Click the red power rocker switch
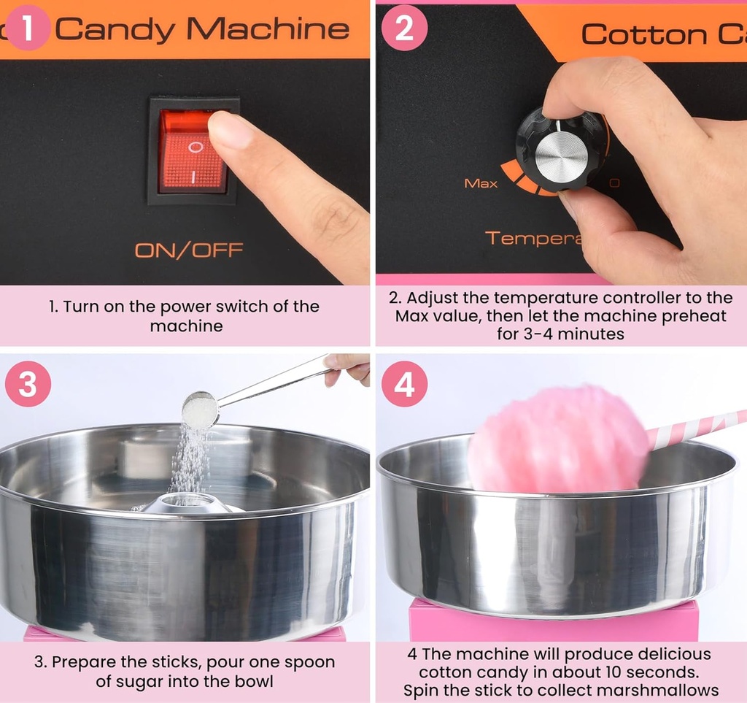click(x=193, y=151)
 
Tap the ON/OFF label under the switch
click(x=188, y=250)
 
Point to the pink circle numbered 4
click(x=403, y=384)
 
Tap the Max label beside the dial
click(x=481, y=183)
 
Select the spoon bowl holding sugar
click(x=199, y=410)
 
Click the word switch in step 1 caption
click(x=240, y=306)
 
